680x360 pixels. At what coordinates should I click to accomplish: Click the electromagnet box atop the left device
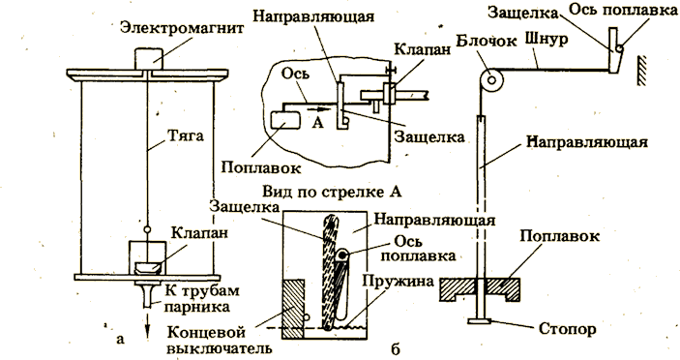click(x=147, y=59)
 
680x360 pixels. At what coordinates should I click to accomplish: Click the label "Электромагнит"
click(x=181, y=28)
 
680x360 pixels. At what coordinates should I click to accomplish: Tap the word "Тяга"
click(x=185, y=135)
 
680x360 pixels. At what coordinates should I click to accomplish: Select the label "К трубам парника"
click(x=196, y=298)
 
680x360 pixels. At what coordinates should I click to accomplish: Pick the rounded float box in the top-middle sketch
click(x=285, y=120)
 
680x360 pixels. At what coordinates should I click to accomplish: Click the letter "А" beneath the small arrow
click(x=318, y=124)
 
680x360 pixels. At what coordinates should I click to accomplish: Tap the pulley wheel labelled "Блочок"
click(x=491, y=79)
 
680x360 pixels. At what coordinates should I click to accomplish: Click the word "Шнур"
click(x=546, y=40)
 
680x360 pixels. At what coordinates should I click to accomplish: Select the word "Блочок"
click(x=487, y=41)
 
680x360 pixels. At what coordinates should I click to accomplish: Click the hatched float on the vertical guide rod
click(x=480, y=288)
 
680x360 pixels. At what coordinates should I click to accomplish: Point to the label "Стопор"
click(x=567, y=328)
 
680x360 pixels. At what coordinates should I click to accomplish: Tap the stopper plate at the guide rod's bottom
click(x=480, y=321)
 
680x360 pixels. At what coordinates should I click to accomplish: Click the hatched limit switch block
click(x=293, y=309)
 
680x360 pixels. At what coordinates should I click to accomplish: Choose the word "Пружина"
click(x=399, y=281)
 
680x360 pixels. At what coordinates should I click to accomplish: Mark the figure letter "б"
click(x=395, y=347)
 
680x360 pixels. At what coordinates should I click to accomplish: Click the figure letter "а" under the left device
click(x=121, y=339)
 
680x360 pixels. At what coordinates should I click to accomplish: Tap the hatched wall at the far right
click(x=641, y=71)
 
